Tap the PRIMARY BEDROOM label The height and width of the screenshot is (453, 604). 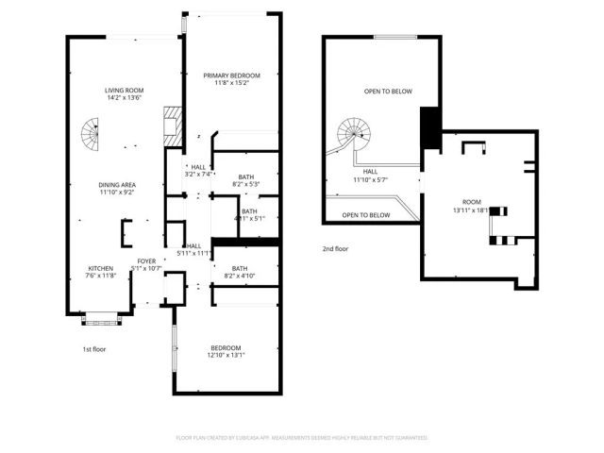[232, 75]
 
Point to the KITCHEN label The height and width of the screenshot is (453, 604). [101, 268]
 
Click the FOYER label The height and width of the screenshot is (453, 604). [146, 261]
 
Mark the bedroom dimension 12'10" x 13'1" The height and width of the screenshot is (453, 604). [226, 355]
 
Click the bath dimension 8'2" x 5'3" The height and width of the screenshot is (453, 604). [245, 184]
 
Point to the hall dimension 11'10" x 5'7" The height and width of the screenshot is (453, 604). [370, 179]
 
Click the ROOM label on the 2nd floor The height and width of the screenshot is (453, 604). [472, 202]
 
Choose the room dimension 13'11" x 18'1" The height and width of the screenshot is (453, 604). [472, 210]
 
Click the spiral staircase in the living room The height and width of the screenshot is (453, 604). [89, 137]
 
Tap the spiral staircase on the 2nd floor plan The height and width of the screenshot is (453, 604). [356, 133]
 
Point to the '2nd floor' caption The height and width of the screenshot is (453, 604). [336, 248]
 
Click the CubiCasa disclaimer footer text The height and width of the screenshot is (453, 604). [302, 438]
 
